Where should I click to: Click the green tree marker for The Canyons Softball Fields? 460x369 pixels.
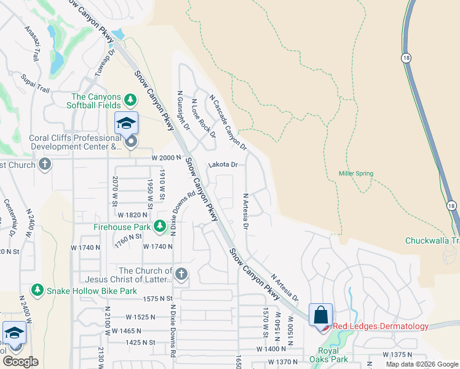click(x=130, y=99)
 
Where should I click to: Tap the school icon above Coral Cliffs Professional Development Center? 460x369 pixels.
click(x=126, y=123)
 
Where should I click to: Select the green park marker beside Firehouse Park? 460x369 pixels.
click(x=160, y=227)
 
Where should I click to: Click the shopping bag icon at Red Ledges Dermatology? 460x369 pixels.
click(x=320, y=315)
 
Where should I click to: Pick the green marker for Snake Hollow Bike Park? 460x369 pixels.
click(x=38, y=290)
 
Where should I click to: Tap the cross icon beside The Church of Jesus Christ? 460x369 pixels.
click(x=180, y=274)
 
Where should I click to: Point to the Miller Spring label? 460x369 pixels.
click(x=355, y=173)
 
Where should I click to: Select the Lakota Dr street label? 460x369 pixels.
click(x=223, y=165)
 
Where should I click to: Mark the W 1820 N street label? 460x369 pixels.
click(x=133, y=215)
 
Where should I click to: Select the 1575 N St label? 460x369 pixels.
click(x=156, y=298)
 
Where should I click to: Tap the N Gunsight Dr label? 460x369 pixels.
click(x=183, y=112)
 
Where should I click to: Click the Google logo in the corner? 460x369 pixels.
click(x=20, y=361)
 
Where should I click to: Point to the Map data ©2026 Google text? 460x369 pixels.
click(x=422, y=364)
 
